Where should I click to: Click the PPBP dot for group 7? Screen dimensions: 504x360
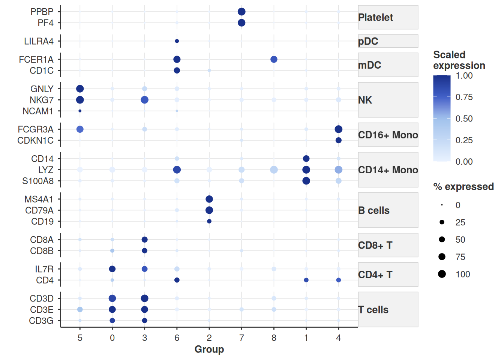coord(241,12)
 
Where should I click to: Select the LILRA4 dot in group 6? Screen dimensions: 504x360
coord(177,41)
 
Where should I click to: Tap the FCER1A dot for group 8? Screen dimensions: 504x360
coord(274,59)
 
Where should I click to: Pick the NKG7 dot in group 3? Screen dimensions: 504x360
coord(144,100)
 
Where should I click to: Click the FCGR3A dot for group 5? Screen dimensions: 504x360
coord(80,129)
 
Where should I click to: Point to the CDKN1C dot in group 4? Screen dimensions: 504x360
coord(338,140)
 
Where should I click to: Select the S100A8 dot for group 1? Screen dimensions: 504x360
coord(306,181)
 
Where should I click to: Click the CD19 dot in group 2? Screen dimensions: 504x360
coord(209,221)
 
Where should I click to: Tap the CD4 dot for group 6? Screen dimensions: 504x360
coord(177,280)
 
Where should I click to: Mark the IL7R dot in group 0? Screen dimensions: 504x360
coord(112,269)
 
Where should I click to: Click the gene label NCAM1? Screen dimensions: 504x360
coord(38,111)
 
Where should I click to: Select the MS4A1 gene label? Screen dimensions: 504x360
coord(39,199)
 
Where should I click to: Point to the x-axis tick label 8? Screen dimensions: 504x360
coord(274,338)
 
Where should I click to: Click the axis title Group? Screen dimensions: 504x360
coord(209,349)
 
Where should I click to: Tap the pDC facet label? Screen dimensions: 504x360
coord(368,41)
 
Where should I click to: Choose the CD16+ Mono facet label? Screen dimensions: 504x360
coord(388,135)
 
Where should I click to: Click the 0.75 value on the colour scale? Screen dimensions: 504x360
coord(464,97)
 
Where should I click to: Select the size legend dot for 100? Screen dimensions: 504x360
coord(442,274)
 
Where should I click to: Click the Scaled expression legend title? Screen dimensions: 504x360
coord(459,60)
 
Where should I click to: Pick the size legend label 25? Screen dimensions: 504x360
coord(460,222)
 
